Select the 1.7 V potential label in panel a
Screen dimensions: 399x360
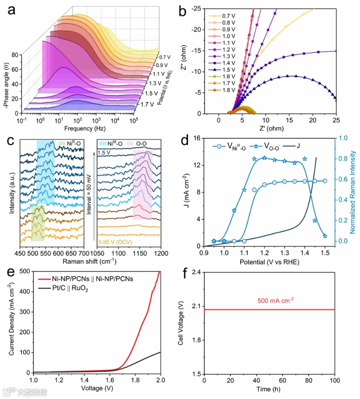(x=147, y=104)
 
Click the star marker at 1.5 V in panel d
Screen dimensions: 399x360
(x=325, y=236)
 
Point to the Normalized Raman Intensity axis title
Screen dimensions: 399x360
(x=352, y=191)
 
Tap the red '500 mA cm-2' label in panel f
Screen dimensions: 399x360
(x=276, y=300)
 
